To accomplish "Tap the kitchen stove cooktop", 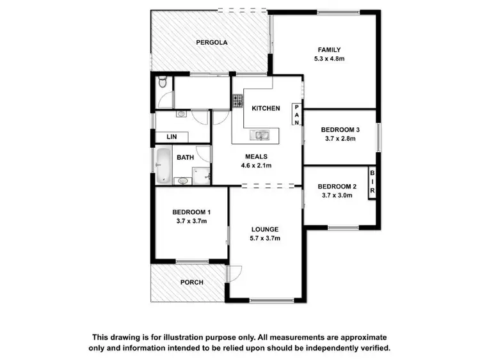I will point(237,100).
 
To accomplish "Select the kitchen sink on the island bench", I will point(262,134).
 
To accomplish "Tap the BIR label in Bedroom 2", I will point(372,184).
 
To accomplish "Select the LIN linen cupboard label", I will point(171,137).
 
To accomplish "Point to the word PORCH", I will point(191,282).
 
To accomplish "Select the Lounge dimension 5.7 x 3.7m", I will point(264,238).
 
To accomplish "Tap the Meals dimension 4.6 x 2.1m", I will point(256,165).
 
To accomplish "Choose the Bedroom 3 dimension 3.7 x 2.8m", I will point(339,137).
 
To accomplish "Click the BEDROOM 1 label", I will point(191,212).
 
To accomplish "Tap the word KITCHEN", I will point(265,109).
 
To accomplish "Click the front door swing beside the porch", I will point(234,272).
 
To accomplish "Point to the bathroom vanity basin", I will point(184,181).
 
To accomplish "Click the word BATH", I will point(186,157).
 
